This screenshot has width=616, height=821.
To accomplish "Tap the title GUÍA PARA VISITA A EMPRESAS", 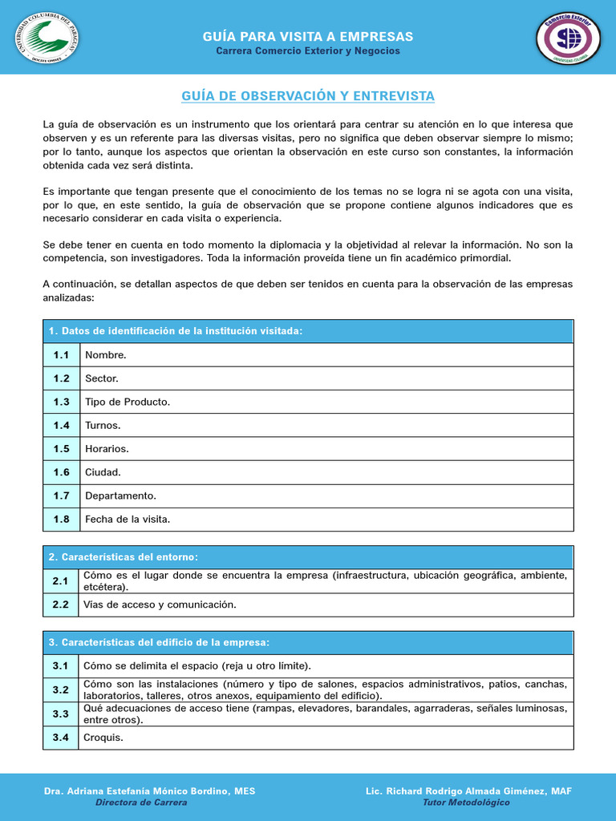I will (308, 37).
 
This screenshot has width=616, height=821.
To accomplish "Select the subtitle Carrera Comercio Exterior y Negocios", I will (308, 51).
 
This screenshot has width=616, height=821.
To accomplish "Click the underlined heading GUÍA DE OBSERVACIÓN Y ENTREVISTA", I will (308, 96).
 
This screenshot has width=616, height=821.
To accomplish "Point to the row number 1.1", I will (61, 354).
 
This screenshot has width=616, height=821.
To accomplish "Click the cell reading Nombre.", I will (106, 354).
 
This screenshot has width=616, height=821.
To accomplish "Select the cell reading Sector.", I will (102, 378).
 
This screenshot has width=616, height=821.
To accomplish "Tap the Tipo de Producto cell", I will (128, 402).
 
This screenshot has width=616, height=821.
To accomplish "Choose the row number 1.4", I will (61, 426).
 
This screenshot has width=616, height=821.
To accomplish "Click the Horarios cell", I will (107, 449).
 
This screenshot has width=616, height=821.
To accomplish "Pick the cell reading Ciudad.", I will (103, 472).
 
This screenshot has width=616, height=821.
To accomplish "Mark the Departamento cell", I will (120, 495).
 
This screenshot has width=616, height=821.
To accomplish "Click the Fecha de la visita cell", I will (128, 520).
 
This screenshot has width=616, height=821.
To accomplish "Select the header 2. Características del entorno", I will (124, 557).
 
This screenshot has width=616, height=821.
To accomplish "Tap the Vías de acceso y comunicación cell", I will (160, 605).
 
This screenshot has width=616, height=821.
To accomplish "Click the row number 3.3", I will (61, 714).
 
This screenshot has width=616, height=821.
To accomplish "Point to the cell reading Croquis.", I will (103, 738).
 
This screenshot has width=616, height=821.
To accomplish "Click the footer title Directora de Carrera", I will (141, 803).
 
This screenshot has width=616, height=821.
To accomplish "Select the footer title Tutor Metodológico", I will (466, 803).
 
